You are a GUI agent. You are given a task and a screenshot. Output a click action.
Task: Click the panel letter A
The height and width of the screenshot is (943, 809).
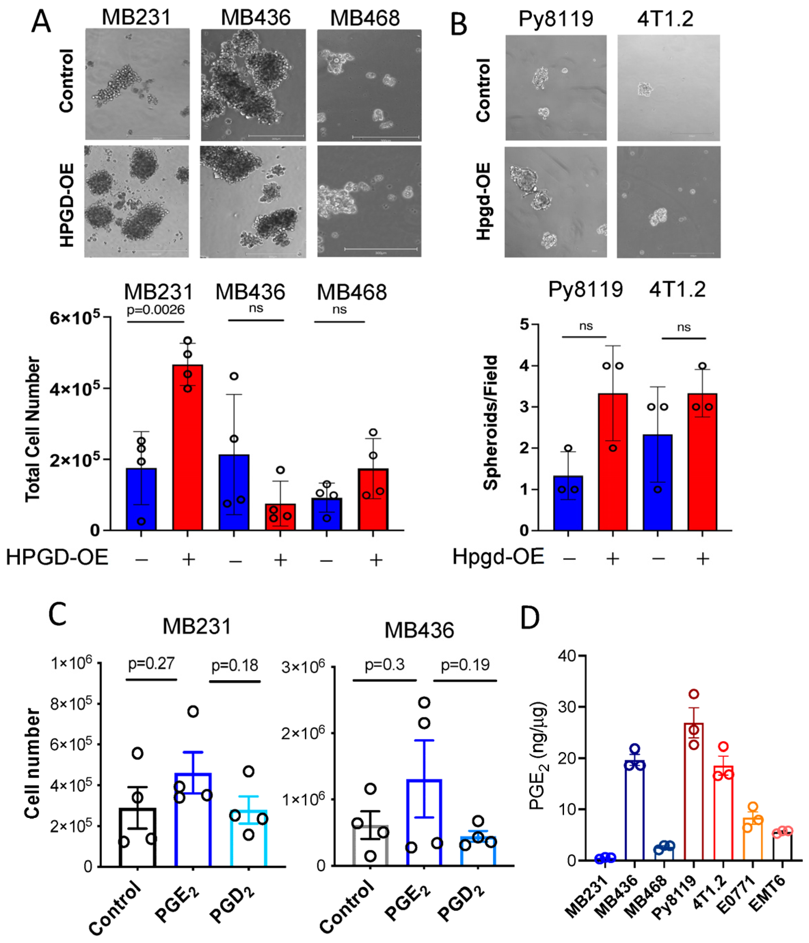pyautogui.click(x=41, y=22)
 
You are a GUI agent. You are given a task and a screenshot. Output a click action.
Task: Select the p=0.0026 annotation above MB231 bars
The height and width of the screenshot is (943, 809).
pyautogui.click(x=155, y=310)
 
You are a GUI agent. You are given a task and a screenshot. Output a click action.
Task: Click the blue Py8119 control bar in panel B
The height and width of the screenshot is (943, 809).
pyautogui.click(x=568, y=503)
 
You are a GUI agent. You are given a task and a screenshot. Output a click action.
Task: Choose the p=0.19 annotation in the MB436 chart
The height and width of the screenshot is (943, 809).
pyautogui.click(x=465, y=665)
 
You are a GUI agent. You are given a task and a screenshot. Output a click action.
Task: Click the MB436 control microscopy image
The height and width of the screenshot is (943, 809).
pyautogui.click(x=253, y=85)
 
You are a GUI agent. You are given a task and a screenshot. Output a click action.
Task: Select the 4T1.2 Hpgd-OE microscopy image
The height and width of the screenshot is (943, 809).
pyautogui.click(x=668, y=202)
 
